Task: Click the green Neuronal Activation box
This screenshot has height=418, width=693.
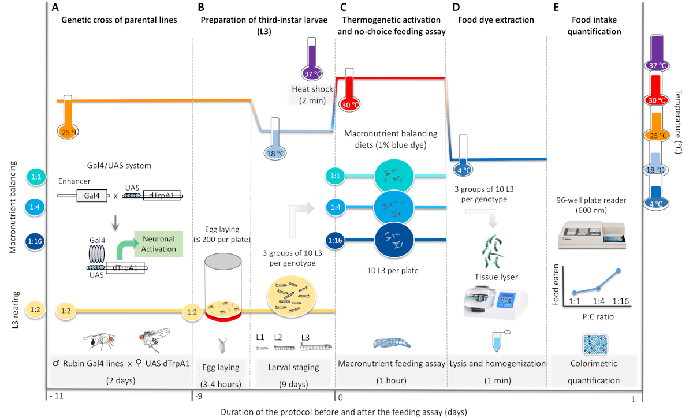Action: pyautogui.click(x=158, y=241)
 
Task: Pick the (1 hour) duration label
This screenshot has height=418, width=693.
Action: pyautogui.click(x=390, y=380)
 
